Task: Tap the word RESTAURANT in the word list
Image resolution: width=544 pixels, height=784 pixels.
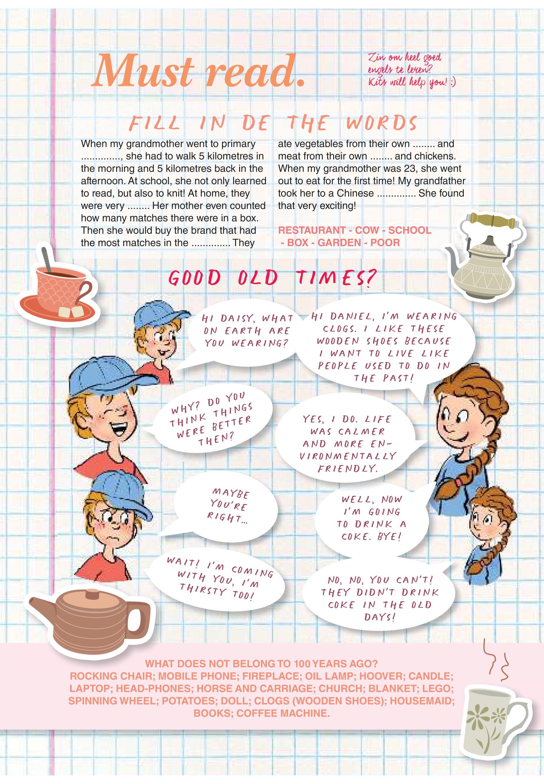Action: coord(312,230)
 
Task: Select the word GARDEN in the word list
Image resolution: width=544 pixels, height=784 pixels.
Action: coord(339,243)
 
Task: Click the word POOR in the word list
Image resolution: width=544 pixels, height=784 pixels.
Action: coord(385,243)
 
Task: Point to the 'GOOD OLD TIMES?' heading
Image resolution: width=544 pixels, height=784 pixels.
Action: coord(272,277)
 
